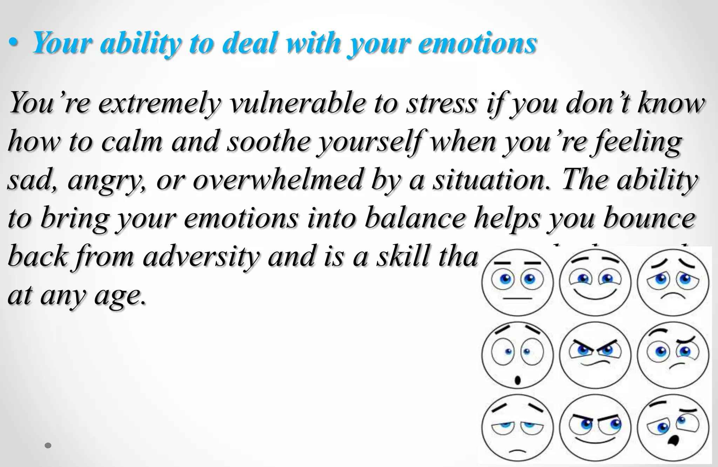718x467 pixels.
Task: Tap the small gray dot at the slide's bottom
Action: point(48,446)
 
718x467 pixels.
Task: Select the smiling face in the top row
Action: point(595,282)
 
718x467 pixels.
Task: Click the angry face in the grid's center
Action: point(595,355)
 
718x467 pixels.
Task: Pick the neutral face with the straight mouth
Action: point(517,282)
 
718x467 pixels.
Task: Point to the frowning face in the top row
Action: point(673,282)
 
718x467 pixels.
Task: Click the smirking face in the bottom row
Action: point(595,427)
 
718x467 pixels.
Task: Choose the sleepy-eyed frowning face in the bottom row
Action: point(517,427)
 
